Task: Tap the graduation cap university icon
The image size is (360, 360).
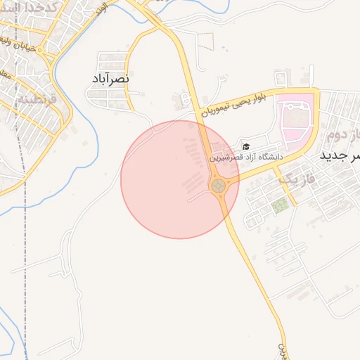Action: point(246,146)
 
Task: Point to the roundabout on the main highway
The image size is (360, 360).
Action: point(219,186)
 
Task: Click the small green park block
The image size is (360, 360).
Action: point(280,206)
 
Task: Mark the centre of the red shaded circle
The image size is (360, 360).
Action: point(179,179)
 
